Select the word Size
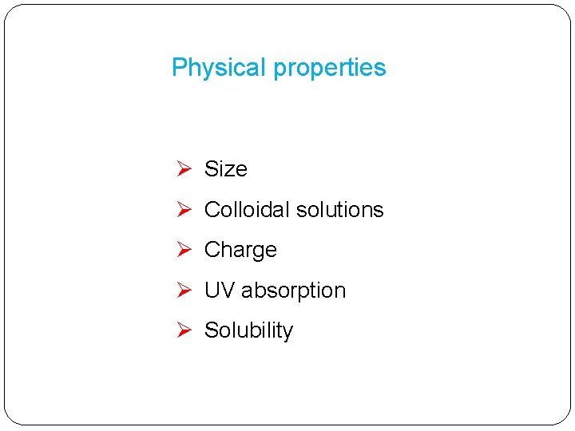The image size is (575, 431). pyautogui.click(x=226, y=169)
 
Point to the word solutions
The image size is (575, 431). pyautogui.click(x=339, y=210)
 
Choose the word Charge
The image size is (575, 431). pyautogui.click(x=240, y=251)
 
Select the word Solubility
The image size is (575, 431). pyautogui.click(x=249, y=331)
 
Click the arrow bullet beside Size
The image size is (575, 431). pyautogui.click(x=183, y=169)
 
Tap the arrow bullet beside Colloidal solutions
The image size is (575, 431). pyautogui.click(x=183, y=210)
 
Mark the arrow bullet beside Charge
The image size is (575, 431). pyautogui.click(x=183, y=250)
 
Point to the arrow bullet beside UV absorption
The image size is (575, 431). pyautogui.click(x=183, y=291)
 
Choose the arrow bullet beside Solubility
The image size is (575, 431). pyautogui.click(x=183, y=330)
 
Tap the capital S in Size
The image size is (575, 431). pyautogui.click(x=212, y=169)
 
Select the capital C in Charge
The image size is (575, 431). pyautogui.click(x=212, y=250)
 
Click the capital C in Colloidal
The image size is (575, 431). pyautogui.click(x=212, y=210)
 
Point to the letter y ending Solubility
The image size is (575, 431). pyautogui.click(x=288, y=334)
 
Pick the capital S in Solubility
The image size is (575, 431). pyautogui.click(x=212, y=330)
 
